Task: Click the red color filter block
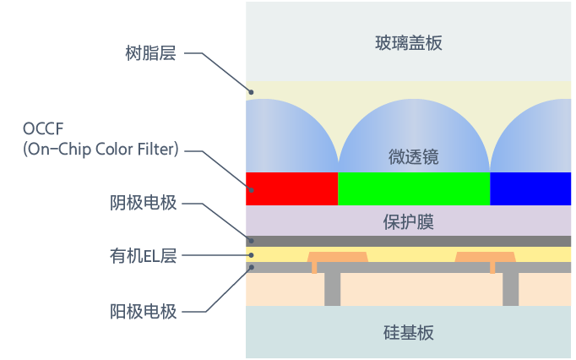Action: pyautogui.click(x=291, y=188)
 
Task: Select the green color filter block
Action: pyautogui.click(x=413, y=188)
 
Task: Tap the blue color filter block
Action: pyautogui.click(x=530, y=188)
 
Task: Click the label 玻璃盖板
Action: pyautogui.click(x=408, y=42)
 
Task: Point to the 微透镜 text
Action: pyautogui.click(x=413, y=157)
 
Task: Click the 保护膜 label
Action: pyautogui.click(x=408, y=222)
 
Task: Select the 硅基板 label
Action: pyautogui.click(x=408, y=332)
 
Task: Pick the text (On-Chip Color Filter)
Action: pyautogui.click(x=101, y=150)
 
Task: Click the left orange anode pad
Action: pyautogui.click(x=337, y=256)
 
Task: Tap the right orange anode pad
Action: pyautogui.click(x=485, y=256)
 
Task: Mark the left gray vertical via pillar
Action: pyautogui.click(x=333, y=289)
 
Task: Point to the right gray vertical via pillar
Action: pyautogui.click(x=510, y=289)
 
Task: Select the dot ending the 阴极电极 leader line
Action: pyautogui.click(x=250, y=241)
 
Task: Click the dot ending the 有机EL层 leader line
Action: pyautogui.click(x=250, y=254)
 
